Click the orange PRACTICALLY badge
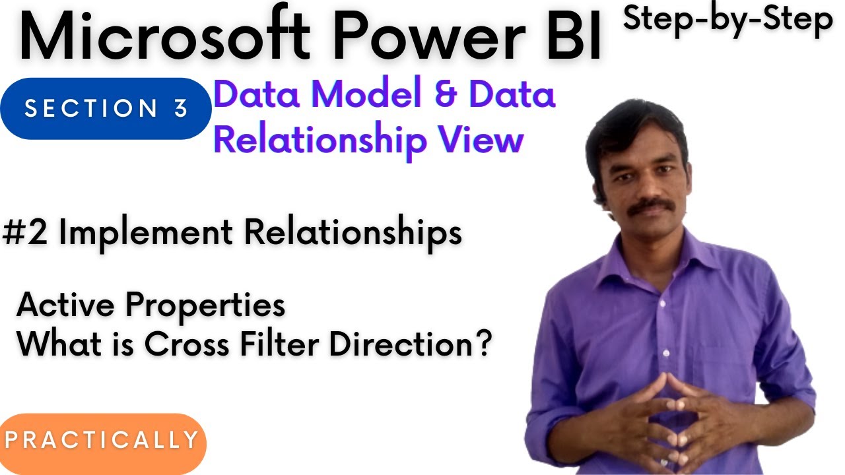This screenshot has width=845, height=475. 102,440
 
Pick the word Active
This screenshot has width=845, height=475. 66,305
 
